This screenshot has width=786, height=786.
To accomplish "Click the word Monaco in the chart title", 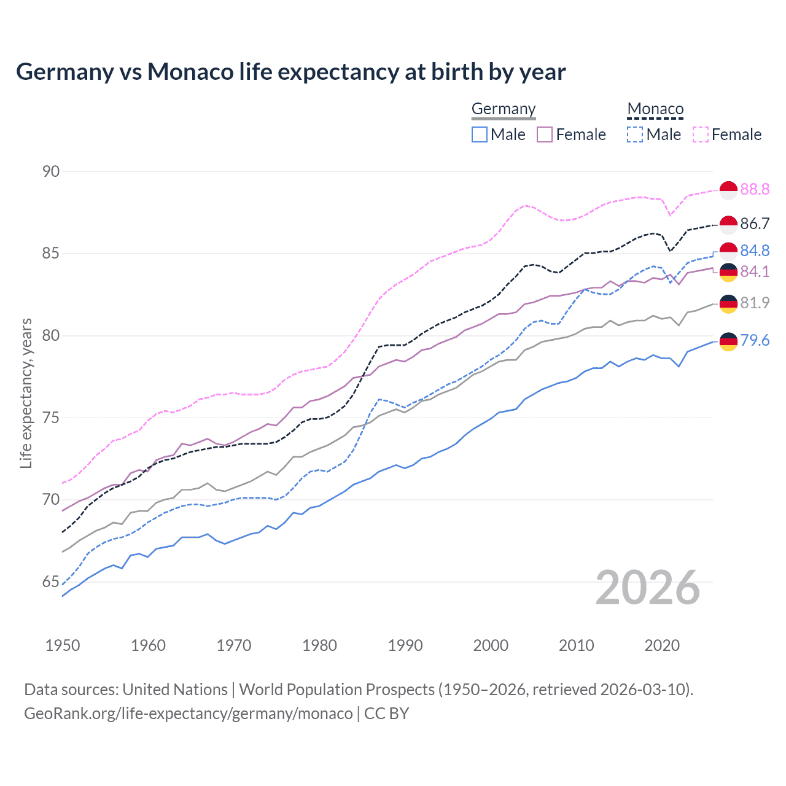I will (190, 72).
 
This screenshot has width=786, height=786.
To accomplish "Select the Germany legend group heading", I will (504, 109).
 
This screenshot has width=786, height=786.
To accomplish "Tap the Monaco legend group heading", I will (655, 109).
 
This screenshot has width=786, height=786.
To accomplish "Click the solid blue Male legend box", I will (480, 134).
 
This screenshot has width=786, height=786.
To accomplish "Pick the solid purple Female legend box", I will (545, 134).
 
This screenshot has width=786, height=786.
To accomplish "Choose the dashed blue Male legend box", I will (635, 134).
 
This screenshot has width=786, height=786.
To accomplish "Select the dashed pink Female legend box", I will (701, 134).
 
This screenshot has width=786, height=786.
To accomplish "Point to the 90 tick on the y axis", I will (51, 171).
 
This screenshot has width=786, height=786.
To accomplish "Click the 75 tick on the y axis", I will (51, 418).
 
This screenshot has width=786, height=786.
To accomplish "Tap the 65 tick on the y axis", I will (51, 582).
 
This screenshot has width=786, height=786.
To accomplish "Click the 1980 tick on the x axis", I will (319, 645).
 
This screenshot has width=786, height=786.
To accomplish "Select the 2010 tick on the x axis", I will (576, 645).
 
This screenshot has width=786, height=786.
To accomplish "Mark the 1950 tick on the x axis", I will (63, 645).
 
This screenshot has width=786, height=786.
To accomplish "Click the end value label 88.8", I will (755, 189).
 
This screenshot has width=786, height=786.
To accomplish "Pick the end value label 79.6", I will (755, 340).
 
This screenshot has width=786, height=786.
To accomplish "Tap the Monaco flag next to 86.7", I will (728, 225).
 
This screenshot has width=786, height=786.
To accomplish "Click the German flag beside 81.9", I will (728, 303).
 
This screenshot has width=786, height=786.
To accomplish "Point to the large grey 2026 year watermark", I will (648, 588).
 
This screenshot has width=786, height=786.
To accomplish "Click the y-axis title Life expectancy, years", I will (26, 393).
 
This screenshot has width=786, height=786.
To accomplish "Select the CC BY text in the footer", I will (386, 714).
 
